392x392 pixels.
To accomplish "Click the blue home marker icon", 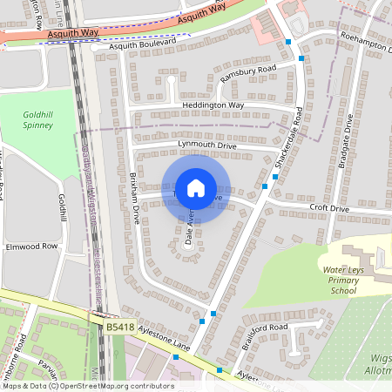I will [196, 187].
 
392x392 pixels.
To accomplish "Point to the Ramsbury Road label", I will [247, 73].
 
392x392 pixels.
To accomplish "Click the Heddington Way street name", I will [213, 105].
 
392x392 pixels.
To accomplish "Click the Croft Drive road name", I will [329, 209].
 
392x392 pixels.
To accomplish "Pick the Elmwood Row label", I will [30, 247].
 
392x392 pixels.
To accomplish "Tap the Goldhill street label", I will [62, 207].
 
